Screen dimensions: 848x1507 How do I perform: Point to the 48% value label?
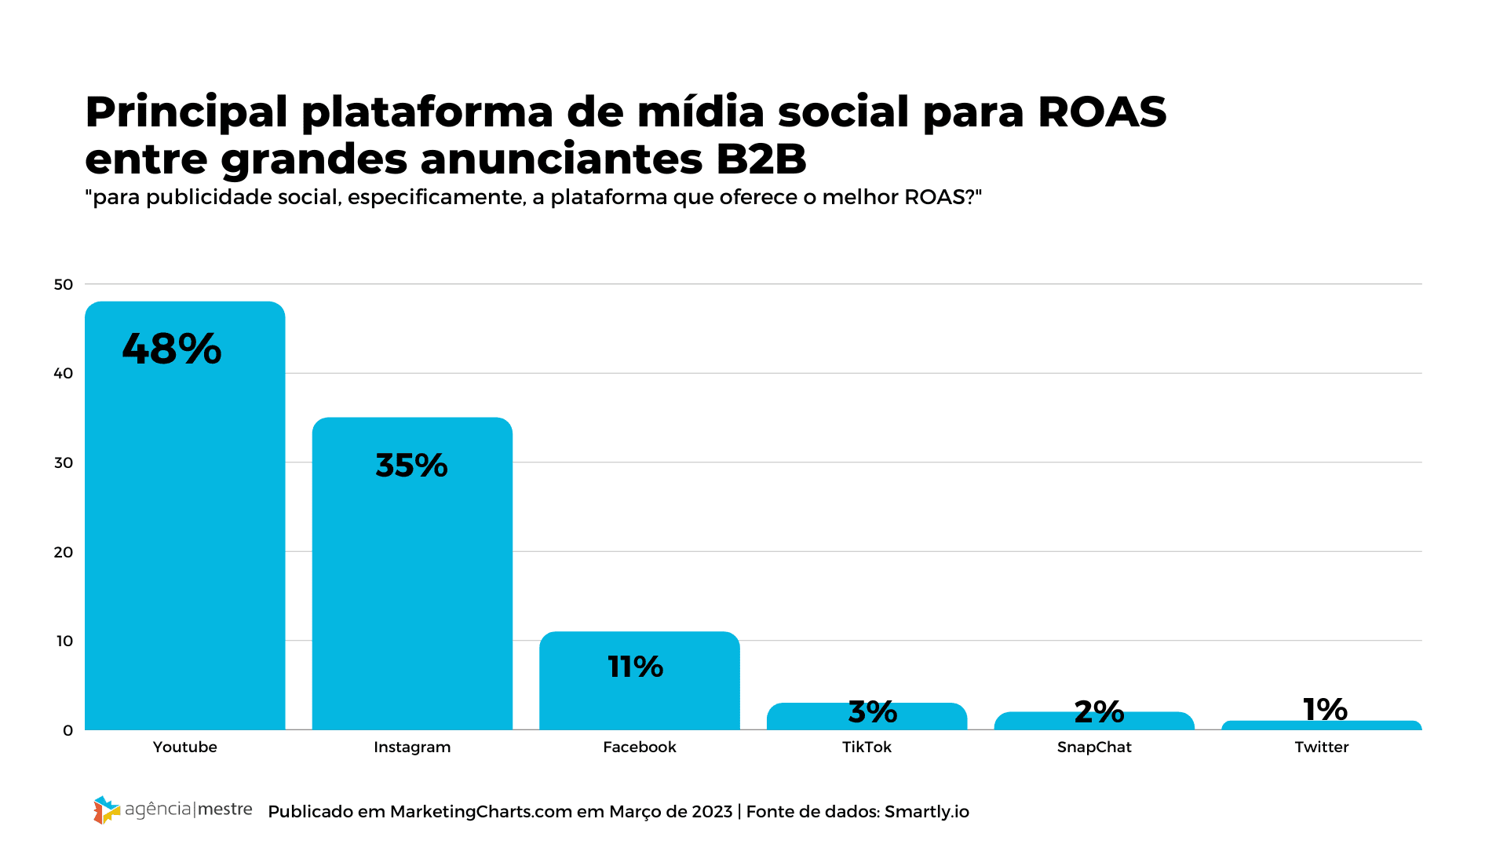coord(172,349)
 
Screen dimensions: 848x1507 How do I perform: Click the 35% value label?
coord(411,466)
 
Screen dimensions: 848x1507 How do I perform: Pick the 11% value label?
coord(636,667)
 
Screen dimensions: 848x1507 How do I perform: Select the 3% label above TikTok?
coord(873,712)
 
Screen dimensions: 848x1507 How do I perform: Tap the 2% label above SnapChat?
coord(1099,712)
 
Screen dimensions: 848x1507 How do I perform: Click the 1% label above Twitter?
coord(1325,709)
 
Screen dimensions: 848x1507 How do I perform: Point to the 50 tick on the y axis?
coord(64,284)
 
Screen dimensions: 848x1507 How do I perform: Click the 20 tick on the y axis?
coord(64,552)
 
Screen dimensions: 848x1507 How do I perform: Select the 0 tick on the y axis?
coord(68,730)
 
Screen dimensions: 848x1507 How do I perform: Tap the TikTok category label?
coord(867,747)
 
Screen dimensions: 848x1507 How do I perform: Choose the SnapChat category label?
coord(1094,747)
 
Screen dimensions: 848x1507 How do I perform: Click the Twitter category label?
coord(1322,747)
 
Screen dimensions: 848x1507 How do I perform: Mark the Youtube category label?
coord(184,747)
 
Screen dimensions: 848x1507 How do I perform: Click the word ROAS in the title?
coord(1102,112)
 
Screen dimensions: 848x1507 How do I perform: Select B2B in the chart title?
coord(761,159)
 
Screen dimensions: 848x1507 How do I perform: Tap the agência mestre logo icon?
coord(106,810)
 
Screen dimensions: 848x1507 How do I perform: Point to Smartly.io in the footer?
coord(926,812)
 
